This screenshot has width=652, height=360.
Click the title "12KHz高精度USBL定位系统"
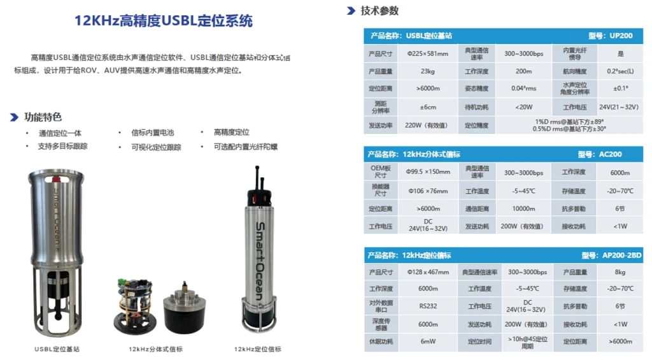click(164, 21)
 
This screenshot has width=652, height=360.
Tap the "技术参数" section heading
click(379, 10)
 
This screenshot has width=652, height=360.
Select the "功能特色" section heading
click(43, 117)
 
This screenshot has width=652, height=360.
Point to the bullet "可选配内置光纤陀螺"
click(246, 147)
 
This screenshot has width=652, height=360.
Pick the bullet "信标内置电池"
click(152, 133)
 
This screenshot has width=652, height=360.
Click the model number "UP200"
click(621, 36)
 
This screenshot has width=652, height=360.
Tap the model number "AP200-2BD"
click(621, 256)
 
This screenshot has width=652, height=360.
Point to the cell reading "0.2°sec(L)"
click(620, 71)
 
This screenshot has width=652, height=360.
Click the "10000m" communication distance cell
click(523, 208)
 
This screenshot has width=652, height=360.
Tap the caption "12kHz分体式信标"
click(155, 349)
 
